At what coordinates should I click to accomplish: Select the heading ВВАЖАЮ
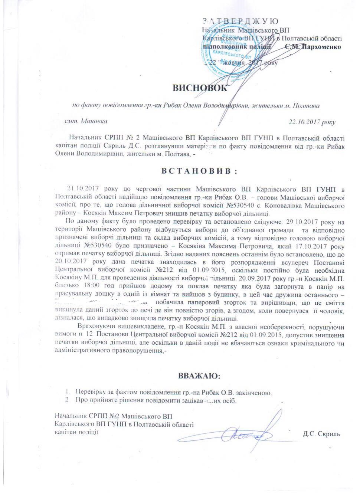(x=199, y=376)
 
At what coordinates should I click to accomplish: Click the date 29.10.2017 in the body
(x=301, y=222)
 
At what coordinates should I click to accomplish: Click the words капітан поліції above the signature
(x=76, y=432)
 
